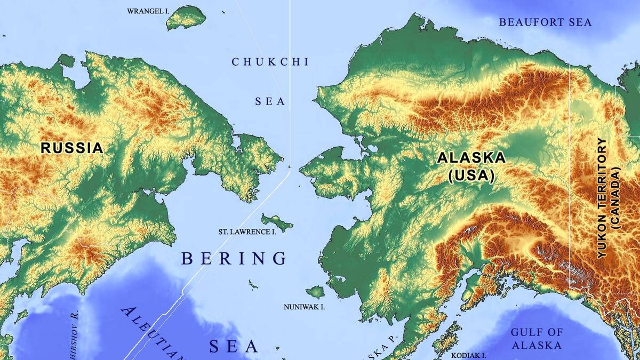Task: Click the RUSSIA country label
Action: (71, 148)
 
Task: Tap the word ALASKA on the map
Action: (471, 158)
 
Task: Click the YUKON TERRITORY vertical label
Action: (602, 198)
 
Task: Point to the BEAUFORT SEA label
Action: (545, 22)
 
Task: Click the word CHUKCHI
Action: (270, 62)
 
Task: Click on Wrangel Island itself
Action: (186, 19)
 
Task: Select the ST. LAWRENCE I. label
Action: (247, 232)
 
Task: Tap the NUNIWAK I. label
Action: (304, 307)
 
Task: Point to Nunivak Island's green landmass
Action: (315, 292)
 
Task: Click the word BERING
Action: (234, 259)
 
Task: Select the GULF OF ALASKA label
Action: (537, 339)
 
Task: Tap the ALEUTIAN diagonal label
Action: (152, 333)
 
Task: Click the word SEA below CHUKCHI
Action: (270, 101)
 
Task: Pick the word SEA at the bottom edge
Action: (233, 346)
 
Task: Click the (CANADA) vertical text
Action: (617, 198)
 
